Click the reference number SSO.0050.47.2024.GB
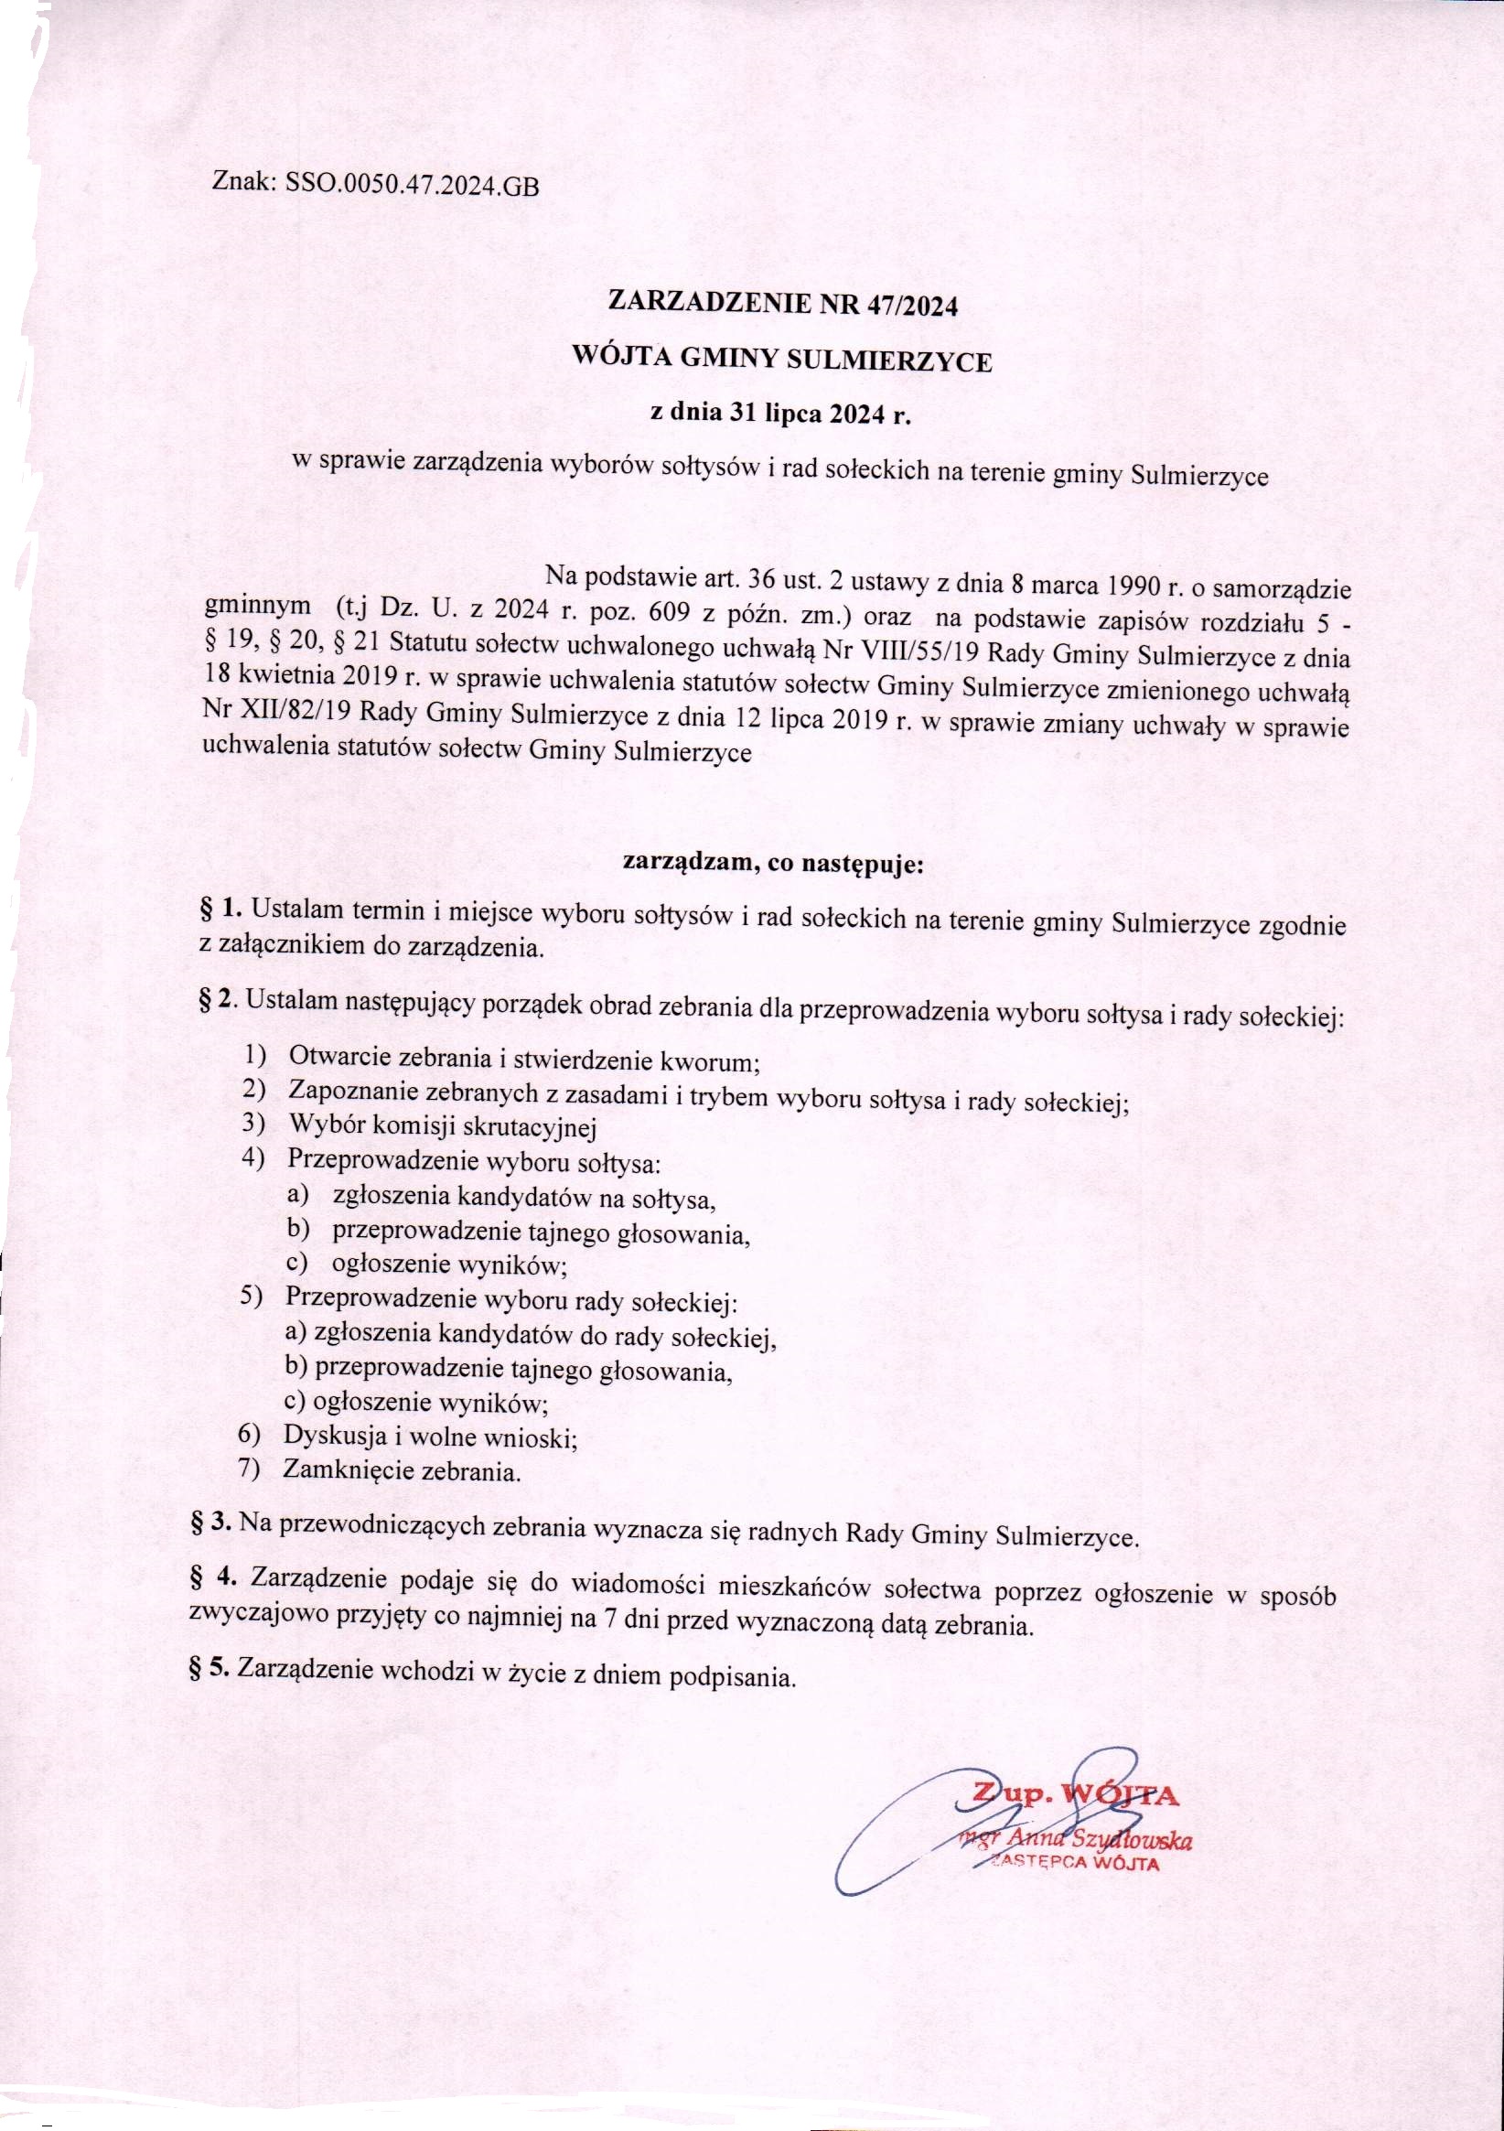(412, 185)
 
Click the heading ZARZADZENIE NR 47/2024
(781, 305)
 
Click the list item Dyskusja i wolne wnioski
(431, 1437)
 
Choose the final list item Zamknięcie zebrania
(402, 1471)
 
